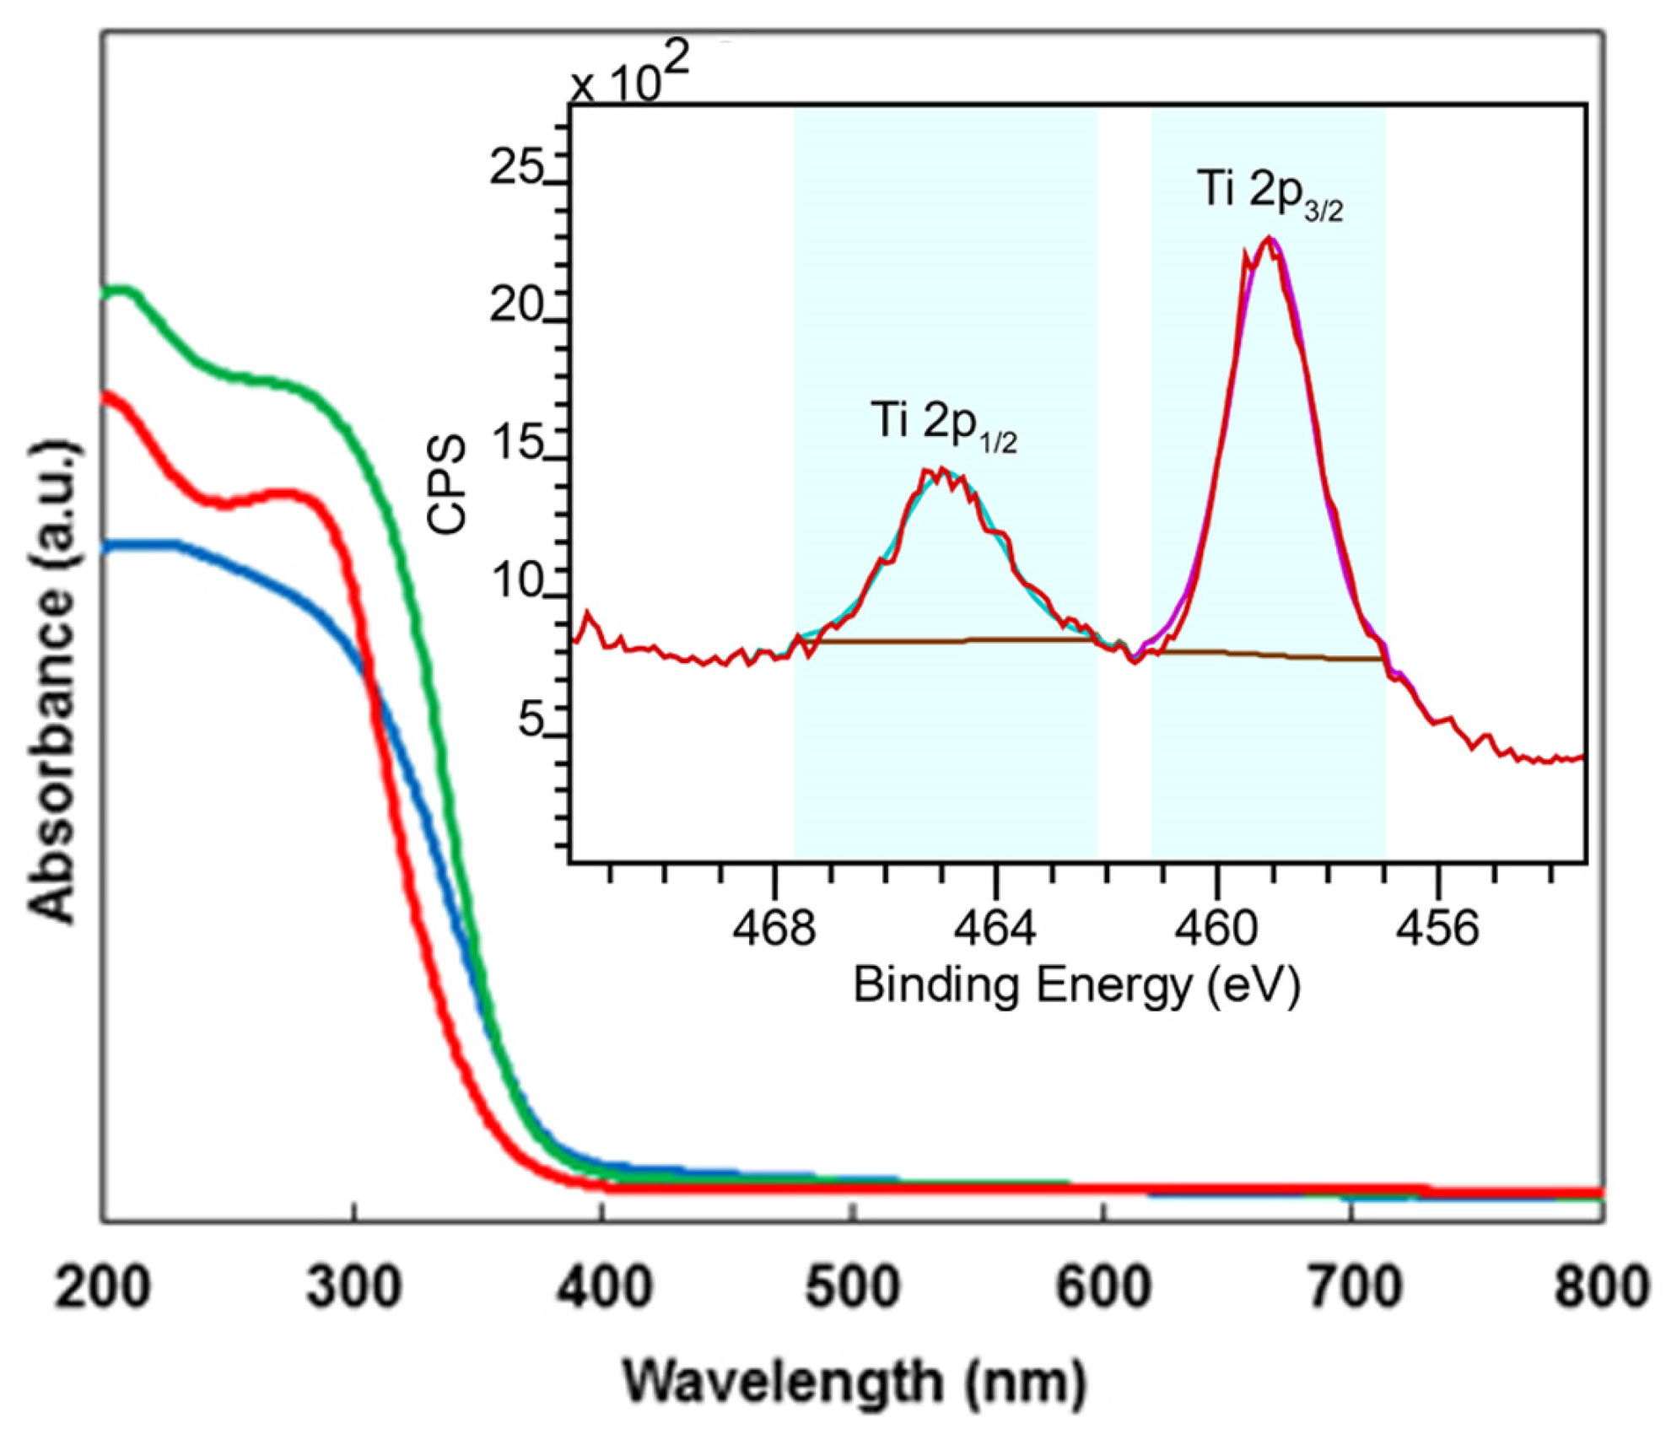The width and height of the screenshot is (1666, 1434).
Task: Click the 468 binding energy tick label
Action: (x=774, y=928)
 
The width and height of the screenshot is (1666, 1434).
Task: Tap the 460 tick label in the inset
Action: (x=1216, y=928)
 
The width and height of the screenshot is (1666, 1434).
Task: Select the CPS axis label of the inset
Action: (x=447, y=484)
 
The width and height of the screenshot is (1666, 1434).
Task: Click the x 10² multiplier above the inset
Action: (x=628, y=76)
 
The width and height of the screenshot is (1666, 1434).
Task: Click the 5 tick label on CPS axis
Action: (x=530, y=720)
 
